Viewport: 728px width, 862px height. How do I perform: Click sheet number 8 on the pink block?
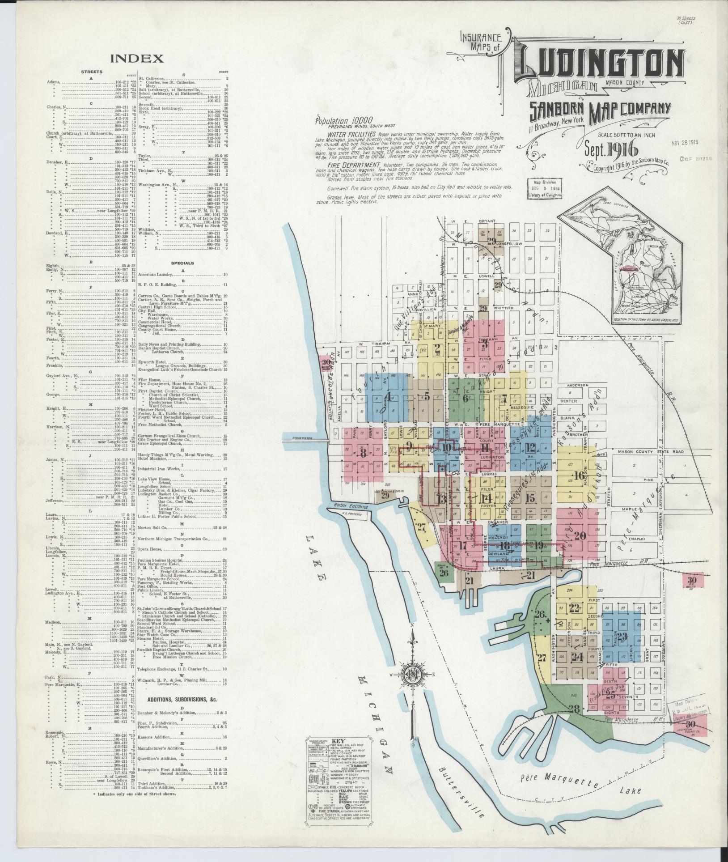click(x=363, y=453)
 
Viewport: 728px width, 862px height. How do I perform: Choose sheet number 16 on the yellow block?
click(x=579, y=476)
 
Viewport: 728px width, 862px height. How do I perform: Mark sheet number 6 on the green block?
click(x=466, y=397)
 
